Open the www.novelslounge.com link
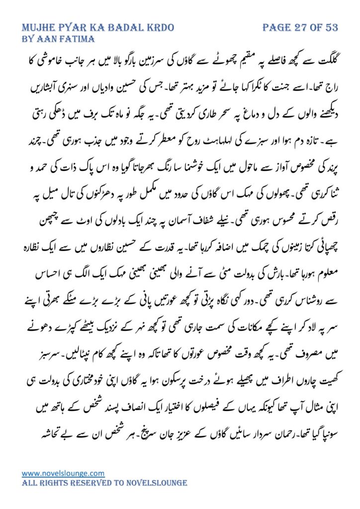(63, 473)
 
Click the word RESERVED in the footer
(92, 483)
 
